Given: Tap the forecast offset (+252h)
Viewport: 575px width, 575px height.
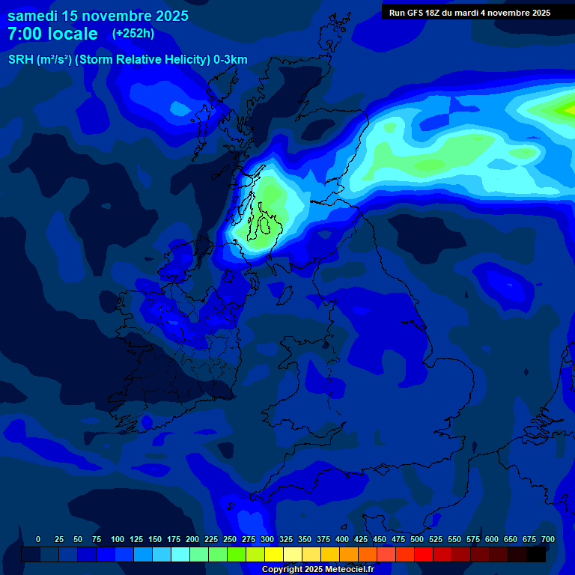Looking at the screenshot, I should [133, 34].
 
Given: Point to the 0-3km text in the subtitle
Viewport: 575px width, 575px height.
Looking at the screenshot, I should [231, 60].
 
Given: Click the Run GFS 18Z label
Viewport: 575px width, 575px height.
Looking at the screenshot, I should [416, 13].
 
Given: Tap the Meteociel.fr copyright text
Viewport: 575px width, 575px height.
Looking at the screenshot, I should [317, 570].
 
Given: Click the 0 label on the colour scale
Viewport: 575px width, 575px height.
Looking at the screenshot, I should [38, 540].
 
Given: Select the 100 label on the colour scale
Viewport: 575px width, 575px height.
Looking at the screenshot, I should [118, 540].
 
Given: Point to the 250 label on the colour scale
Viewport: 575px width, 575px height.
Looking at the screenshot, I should [230, 540].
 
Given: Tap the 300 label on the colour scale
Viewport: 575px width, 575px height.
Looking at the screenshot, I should [267, 540].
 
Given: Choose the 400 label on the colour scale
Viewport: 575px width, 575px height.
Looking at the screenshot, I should [342, 540].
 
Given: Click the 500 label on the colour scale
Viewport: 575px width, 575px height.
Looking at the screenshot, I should [417, 540].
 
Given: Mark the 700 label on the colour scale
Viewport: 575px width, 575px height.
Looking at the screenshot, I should [548, 540].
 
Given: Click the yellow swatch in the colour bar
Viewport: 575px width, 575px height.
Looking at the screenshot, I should [274, 555].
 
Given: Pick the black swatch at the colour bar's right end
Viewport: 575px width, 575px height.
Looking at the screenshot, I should [536, 555].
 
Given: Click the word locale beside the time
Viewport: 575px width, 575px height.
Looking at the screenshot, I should [73, 34].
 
